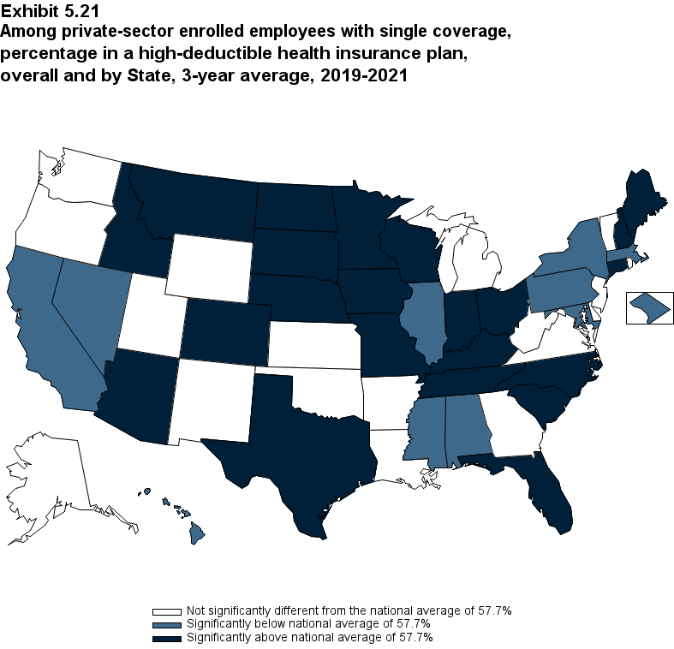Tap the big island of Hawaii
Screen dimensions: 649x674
196,535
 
